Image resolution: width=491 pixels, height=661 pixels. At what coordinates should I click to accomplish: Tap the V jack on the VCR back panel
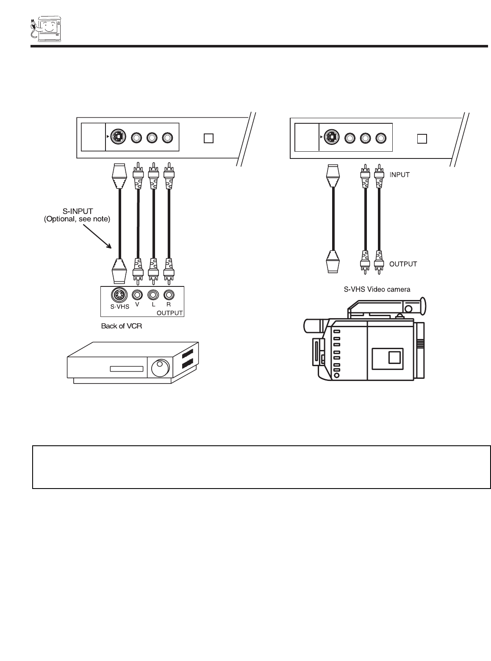[137, 294]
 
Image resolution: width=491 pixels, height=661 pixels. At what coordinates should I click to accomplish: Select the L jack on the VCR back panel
[153, 294]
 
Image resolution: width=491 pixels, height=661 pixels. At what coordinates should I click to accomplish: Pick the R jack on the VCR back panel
[169, 294]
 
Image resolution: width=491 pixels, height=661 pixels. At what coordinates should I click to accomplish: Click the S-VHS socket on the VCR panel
[118, 294]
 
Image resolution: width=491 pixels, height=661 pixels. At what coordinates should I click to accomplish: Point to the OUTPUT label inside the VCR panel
[169, 313]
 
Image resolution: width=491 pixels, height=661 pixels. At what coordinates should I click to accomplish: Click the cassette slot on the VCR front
[127, 369]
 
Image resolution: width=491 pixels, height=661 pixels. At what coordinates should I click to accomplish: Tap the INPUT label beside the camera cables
[399, 175]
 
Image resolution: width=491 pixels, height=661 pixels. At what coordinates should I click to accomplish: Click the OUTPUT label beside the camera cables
[403, 264]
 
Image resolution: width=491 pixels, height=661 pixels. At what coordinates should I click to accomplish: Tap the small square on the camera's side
[394, 357]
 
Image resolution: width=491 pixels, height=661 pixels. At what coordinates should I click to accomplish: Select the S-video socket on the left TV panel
[118, 138]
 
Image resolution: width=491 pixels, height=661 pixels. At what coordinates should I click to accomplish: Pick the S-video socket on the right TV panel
[332, 138]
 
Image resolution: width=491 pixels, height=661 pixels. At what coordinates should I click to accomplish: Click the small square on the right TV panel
[422, 139]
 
